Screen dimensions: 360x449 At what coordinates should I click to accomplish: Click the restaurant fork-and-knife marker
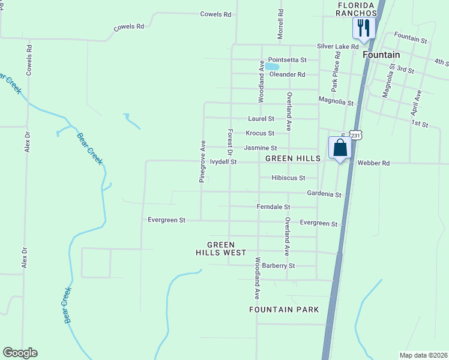coord(364,28)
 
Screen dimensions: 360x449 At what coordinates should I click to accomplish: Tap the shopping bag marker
coord(340,148)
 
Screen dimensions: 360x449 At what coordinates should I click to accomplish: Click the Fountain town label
coord(382,55)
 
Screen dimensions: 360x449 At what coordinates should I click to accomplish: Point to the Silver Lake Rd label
coord(338,46)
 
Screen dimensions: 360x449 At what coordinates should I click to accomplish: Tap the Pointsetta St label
coord(287,60)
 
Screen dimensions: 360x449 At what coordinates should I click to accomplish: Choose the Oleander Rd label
coord(287,74)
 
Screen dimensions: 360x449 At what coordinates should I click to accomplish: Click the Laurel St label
coord(261,119)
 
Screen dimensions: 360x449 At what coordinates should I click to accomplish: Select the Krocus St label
coord(259,133)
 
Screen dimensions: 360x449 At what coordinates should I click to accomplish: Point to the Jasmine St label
coord(260,148)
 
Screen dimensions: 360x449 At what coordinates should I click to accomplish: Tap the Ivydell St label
coord(223,162)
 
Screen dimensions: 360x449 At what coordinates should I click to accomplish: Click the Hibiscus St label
coord(288,178)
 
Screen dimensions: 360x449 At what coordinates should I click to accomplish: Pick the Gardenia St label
coord(324,194)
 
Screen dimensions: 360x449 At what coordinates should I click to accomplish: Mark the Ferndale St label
coord(273,207)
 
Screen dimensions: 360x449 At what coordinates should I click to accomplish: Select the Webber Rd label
coord(373,163)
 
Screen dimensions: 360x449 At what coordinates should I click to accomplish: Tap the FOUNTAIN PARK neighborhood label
coord(284,310)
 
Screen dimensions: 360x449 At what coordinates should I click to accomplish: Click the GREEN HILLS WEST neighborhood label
coord(226,248)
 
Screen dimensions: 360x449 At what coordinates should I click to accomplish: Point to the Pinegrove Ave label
coord(203,161)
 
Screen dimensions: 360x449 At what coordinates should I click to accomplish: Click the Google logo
coord(20,353)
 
